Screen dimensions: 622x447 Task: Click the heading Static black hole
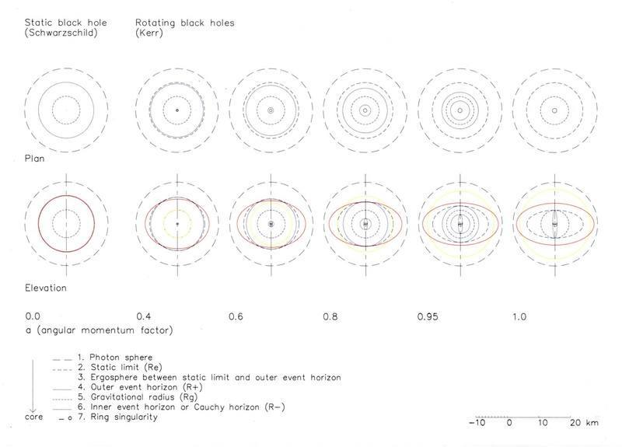click(x=66, y=23)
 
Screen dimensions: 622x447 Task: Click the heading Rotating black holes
click(x=185, y=23)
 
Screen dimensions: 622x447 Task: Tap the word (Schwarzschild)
click(x=61, y=33)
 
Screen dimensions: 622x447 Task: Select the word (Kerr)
click(x=149, y=33)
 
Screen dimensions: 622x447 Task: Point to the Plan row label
click(x=34, y=159)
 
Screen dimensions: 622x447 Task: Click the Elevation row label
click(x=46, y=288)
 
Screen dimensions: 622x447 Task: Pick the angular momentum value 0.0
click(x=33, y=316)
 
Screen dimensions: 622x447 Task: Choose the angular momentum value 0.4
click(x=144, y=316)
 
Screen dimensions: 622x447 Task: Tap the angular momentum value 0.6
click(x=236, y=316)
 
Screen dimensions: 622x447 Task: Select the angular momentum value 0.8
click(x=330, y=316)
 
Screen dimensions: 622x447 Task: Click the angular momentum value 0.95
click(x=428, y=316)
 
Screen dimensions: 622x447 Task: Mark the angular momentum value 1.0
click(x=519, y=316)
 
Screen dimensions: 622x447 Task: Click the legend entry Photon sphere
click(x=115, y=358)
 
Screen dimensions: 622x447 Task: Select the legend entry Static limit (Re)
click(x=121, y=367)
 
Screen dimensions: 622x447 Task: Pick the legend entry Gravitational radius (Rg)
click(x=138, y=397)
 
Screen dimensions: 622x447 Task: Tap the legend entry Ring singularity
click(x=118, y=417)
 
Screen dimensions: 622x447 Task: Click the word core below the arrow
click(x=33, y=417)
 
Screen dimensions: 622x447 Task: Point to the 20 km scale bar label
click(x=584, y=423)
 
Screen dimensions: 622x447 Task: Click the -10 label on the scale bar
click(x=477, y=423)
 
